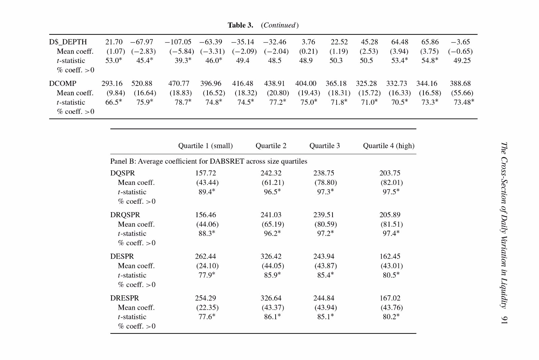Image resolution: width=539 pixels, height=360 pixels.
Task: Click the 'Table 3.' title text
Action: (x=241, y=25)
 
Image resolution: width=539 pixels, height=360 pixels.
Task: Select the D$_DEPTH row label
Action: (x=68, y=42)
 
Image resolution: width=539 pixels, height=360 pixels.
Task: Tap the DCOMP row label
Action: (x=63, y=84)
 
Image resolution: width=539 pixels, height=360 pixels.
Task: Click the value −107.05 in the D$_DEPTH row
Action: (x=178, y=42)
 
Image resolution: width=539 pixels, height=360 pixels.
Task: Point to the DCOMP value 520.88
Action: (x=142, y=84)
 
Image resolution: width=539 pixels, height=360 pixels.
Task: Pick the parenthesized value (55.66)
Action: (x=462, y=93)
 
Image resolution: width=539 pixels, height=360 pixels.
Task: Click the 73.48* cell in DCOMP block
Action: (x=464, y=102)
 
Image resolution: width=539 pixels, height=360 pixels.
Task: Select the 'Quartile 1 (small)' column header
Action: (x=205, y=146)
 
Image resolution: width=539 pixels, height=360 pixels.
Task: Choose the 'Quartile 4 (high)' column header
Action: (x=389, y=146)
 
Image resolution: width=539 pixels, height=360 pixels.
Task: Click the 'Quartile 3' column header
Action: (x=325, y=146)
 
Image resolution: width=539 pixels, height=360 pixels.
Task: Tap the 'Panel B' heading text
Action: (x=123, y=161)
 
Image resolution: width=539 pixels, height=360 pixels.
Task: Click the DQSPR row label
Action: (x=123, y=173)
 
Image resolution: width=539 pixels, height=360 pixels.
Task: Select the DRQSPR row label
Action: (x=125, y=215)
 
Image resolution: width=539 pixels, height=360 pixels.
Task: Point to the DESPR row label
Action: (x=122, y=256)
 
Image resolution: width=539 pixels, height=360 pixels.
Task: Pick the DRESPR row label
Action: (x=124, y=298)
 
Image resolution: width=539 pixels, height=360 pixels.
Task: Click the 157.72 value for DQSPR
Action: (x=205, y=173)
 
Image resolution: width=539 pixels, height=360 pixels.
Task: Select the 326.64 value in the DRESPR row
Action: (x=271, y=298)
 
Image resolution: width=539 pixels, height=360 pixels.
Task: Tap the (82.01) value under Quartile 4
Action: (x=392, y=183)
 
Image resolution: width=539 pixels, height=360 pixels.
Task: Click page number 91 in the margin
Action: (x=504, y=320)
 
